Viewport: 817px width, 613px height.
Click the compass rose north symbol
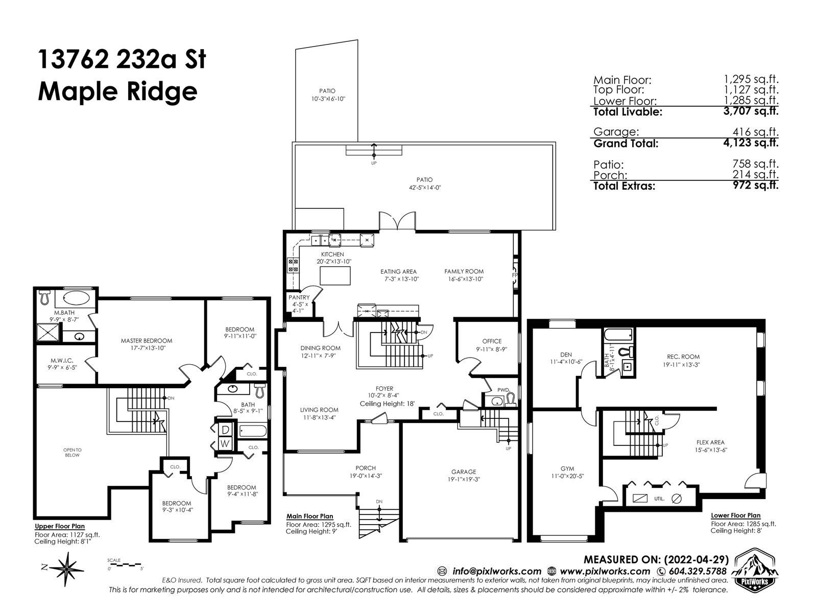[x=66, y=569]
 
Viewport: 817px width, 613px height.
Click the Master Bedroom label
[x=147, y=341]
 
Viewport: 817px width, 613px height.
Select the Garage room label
[x=464, y=471]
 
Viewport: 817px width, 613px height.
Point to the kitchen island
[x=335, y=276]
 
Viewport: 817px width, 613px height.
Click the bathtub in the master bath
[x=76, y=298]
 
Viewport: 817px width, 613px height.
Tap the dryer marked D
[x=225, y=430]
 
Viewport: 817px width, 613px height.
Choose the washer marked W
[x=225, y=443]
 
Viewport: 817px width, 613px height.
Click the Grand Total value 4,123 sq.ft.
[x=751, y=143]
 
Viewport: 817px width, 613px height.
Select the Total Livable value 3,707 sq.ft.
[x=751, y=111]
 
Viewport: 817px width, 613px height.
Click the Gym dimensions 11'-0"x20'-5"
[x=567, y=476]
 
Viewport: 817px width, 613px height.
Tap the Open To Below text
[x=72, y=453]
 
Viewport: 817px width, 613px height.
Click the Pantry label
[x=299, y=297]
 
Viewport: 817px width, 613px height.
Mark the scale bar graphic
[x=125, y=564]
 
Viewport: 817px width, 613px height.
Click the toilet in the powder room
[x=510, y=399]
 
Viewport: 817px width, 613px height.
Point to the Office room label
[x=492, y=341]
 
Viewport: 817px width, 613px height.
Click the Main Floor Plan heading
[x=309, y=516]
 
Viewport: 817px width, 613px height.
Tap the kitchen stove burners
[x=293, y=265]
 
